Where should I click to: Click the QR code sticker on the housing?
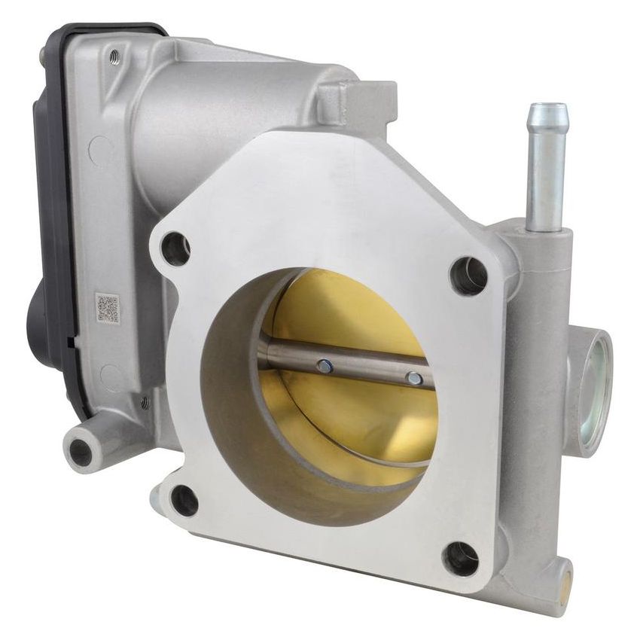point(107,309)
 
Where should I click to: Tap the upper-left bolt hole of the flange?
point(175,249)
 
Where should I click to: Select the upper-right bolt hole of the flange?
point(468,276)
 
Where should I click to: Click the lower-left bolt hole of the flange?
point(183,501)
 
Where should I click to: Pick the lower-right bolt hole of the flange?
point(460,559)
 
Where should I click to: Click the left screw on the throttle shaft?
point(325,366)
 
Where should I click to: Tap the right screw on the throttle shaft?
point(413,378)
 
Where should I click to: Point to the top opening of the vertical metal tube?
point(547,111)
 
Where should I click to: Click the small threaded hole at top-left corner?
point(114,55)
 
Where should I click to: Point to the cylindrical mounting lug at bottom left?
point(81,451)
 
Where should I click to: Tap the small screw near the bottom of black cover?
point(145,404)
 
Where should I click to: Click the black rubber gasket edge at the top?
point(105,30)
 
